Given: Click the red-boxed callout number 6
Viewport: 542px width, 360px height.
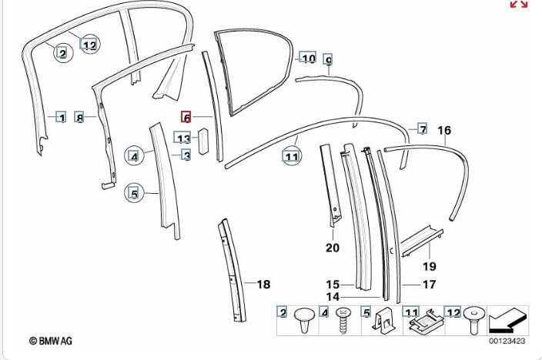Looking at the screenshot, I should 186,118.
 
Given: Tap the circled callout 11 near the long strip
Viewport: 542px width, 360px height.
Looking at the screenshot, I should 291,157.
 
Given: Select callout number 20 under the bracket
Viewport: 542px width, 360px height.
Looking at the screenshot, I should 332,247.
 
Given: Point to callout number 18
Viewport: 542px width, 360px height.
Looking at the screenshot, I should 263,285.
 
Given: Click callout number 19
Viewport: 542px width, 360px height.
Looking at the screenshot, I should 429,266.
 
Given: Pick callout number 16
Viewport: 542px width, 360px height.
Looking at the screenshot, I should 444,130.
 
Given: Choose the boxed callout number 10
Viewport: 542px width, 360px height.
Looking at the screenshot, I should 308,58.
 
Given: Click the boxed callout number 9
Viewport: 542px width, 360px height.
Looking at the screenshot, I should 328,60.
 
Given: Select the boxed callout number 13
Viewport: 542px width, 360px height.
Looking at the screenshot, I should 183,138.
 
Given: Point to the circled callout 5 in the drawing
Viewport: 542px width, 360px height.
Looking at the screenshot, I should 134,194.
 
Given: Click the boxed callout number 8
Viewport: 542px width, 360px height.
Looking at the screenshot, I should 79,118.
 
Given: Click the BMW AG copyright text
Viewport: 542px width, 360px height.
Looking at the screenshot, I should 51,340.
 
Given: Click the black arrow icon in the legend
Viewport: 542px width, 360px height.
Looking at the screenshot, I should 508,317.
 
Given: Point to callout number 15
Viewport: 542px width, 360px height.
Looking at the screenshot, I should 333,284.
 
